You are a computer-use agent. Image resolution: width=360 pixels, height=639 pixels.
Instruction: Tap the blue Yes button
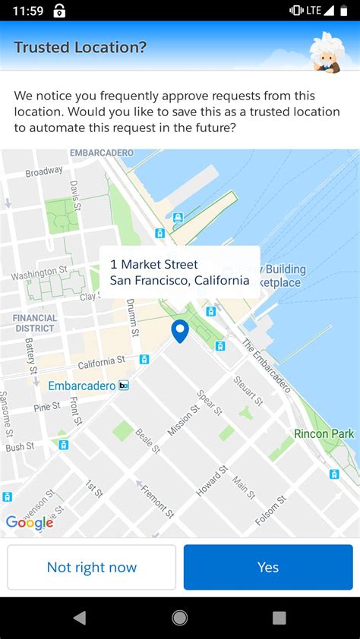pos(268,567)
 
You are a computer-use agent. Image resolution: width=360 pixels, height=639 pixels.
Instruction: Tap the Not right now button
pos(92,567)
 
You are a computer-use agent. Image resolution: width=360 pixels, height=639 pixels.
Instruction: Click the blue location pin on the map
pos(180,330)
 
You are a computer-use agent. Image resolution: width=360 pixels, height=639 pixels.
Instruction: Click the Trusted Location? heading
pos(81,47)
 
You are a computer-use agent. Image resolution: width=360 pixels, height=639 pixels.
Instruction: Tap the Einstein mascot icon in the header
pos(327,52)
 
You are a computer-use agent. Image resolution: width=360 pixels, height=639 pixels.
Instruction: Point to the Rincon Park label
pos(323,434)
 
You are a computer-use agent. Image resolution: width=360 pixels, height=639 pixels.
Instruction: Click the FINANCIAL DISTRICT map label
pos(35,323)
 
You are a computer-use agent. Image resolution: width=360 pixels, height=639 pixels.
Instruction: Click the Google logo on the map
pos(30,522)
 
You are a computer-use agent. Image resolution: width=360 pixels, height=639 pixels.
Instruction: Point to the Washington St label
pos(39,272)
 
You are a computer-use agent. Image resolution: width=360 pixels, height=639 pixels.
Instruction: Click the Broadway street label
pos(44,172)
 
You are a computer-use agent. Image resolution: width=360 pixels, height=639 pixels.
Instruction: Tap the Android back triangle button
pos(79,618)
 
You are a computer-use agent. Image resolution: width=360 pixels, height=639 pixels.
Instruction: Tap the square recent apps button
pos(279,618)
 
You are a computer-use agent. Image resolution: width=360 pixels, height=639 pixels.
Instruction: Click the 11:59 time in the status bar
pos(28,11)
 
